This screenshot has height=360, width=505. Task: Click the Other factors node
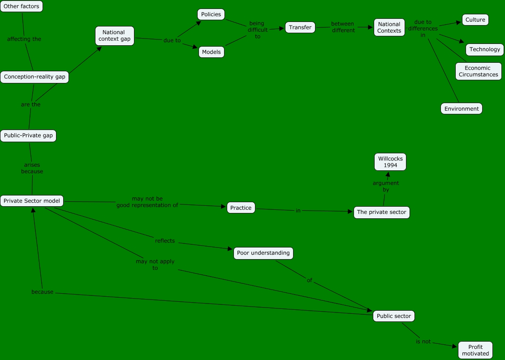[22, 6]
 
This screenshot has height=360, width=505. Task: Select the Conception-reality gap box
[35, 77]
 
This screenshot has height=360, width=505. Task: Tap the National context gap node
[115, 35]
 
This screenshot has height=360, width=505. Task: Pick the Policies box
[211, 14]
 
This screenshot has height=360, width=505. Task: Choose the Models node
[211, 52]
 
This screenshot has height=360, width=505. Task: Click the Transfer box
[300, 27]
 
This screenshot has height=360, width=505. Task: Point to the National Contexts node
[389, 27]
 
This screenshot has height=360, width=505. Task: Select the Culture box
[475, 20]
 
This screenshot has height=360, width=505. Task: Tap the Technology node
[485, 49]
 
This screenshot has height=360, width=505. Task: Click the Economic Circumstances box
[479, 71]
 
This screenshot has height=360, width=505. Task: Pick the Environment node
[462, 108]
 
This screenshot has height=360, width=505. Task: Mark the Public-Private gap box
[28, 135]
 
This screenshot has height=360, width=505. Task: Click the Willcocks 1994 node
[390, 162]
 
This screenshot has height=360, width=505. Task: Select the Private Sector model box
[32, 201]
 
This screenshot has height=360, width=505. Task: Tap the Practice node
[241, 208]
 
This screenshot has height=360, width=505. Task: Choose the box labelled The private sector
[382, 213]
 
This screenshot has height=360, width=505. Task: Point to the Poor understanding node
[263, 253]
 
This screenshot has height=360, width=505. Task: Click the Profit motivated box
[475, 350]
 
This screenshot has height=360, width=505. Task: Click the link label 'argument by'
[386, 186]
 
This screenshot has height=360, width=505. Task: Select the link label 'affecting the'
[24, 39]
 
